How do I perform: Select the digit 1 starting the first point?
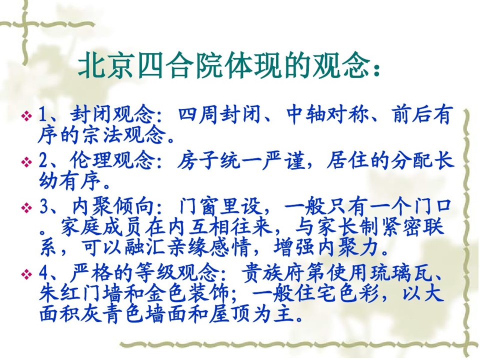tap(42, 115)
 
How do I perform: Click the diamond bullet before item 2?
tap(27, 161)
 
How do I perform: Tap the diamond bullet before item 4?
tap(27, 273)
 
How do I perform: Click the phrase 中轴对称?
tap(327, 115)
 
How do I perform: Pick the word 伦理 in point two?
tap(91, 161)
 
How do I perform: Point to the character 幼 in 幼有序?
tap(48, 181)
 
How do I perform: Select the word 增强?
tap(293, 247)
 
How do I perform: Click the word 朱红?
tap(60, 293)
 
